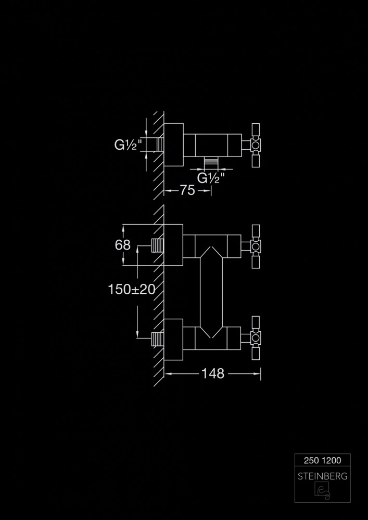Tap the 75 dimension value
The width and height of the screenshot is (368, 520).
[x=188, y=191]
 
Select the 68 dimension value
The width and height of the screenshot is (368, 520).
[x=123, y=244]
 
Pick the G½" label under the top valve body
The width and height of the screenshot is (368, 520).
[x=211, y=178]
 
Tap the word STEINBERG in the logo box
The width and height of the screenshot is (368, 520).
[x=322, y=476]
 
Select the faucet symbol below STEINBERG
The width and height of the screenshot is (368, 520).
[x=322, y=491]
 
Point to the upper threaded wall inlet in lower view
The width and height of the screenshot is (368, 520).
[x=157, y=245]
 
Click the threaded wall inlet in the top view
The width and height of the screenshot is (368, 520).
[x=160, y=144]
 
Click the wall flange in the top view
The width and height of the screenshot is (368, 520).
[x=173, y=145]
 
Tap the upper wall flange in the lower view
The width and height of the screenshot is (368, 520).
[x=173, y=245]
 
